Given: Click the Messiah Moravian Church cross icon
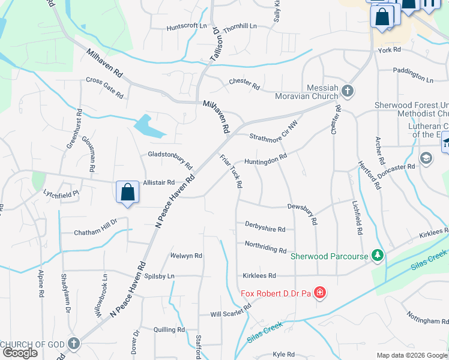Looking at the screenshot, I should (347, 91).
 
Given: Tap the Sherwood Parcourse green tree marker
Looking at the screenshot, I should (377, 256).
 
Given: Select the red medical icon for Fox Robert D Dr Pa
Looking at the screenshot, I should (320, 293).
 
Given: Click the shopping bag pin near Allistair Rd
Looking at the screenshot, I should (128, 193).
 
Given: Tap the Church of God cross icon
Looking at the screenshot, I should (73, 344).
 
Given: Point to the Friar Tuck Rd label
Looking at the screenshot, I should (231, 171).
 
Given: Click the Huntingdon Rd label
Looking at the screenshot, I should (265, 159).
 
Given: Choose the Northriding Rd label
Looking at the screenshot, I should (265, 247).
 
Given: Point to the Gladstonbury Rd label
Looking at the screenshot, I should (170, 158).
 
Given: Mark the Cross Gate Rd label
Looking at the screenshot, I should (104, 88).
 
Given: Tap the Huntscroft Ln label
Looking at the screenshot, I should (187, 26).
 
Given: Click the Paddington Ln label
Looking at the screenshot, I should (412, 74).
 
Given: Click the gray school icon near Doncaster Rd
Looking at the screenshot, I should (426, 158).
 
